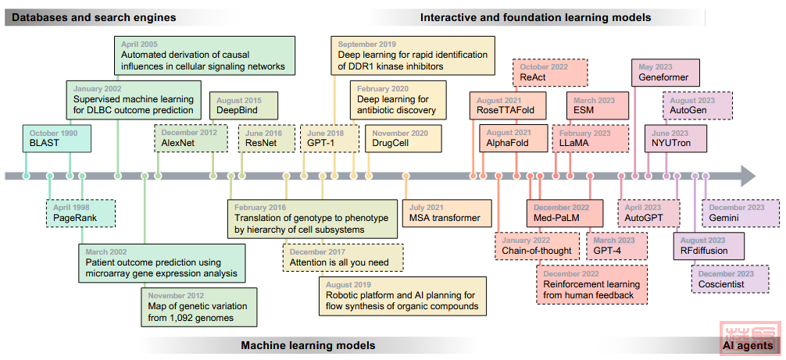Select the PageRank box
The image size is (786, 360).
pos(80,212)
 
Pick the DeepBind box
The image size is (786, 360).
pos(235,106)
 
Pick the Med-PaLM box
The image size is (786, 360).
pos(564,212)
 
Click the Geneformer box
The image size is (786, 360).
pos(663,73)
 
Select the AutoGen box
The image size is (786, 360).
pos(698,106)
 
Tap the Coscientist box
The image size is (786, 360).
pos(734,279)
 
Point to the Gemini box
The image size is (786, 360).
pos(743,212)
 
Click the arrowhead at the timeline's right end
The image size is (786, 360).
pos(747,176)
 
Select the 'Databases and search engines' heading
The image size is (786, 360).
pos(95,17)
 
